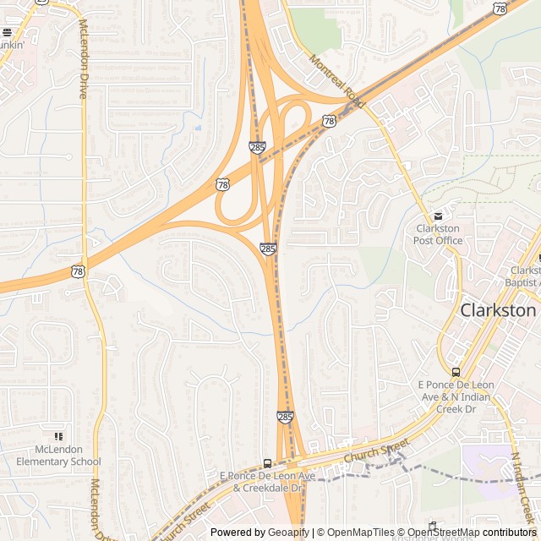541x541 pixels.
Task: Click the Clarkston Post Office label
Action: [438, 234]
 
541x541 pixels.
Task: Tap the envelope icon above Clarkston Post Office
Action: [437, 216]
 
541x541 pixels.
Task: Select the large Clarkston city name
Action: [498, 310]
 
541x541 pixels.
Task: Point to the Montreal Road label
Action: [336, 82]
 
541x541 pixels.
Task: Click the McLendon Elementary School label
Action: [57, 456]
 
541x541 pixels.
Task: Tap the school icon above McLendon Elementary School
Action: [58, 436]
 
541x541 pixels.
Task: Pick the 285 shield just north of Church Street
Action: [285, 417]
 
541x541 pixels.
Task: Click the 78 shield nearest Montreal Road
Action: [329, 122]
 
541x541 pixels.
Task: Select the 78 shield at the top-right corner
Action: [501, 8]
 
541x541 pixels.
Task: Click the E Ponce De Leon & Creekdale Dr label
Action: [267, 483]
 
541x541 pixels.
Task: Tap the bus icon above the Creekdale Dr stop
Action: [268, 463]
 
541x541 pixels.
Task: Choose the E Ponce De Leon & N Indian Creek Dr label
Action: [456, 391]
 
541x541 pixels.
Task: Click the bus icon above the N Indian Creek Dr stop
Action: [456, 372]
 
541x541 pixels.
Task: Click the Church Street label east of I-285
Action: [376, 450]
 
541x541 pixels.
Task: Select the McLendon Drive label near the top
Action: [82, 59]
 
